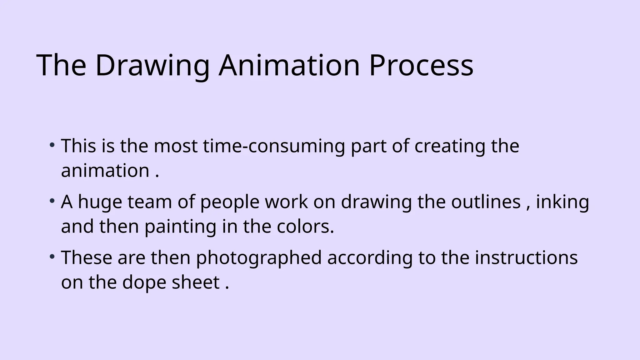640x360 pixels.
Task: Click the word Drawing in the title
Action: (x=152, y=66)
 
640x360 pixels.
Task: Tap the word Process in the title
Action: (x=421, y=66)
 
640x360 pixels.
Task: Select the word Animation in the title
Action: (x=289, y=66)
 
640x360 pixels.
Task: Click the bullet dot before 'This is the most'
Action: (x=52, y=145)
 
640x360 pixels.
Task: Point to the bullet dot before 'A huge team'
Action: (x=52, y=201)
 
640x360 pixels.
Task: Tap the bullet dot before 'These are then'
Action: (x=52, y=257)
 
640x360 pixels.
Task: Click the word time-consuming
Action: (x=274, y=146)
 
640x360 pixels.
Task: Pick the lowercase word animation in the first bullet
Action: (x=105, y=171)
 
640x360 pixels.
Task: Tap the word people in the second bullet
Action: (x=230, y=202)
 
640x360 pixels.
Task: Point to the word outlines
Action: (x=486, y=202)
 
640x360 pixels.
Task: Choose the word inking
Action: (x=562, y=202)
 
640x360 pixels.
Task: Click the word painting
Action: (x=180, y=227)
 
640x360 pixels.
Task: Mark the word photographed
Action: (x=259, y=258)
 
